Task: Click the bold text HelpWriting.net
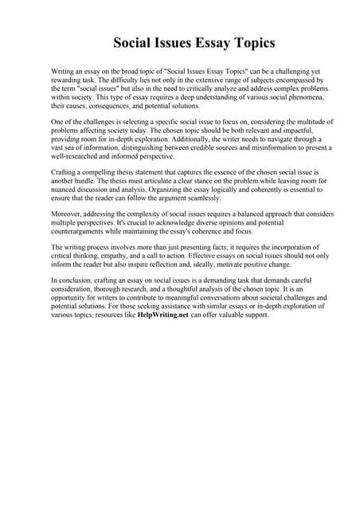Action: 163,315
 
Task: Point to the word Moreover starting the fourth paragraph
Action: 69,214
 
